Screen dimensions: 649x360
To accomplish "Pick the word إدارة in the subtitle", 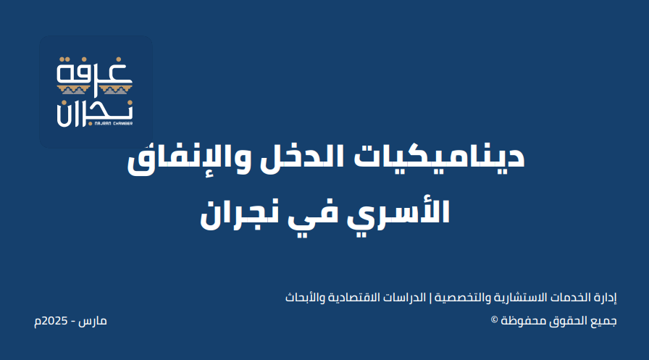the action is pyautogui.click(x=606, y=298).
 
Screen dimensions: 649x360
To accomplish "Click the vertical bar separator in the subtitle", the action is pyautogui.click(x=430, y=298).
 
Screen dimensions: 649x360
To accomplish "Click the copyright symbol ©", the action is pyautogui.click(x=494, y=319).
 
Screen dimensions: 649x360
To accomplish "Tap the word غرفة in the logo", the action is pyautogui.click(x=94, y=71).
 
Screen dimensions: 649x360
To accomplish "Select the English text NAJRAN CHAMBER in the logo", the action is pyautogui.click(x=114, y=123).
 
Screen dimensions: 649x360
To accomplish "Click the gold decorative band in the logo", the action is pyautogui.click(x=94, y=89).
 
